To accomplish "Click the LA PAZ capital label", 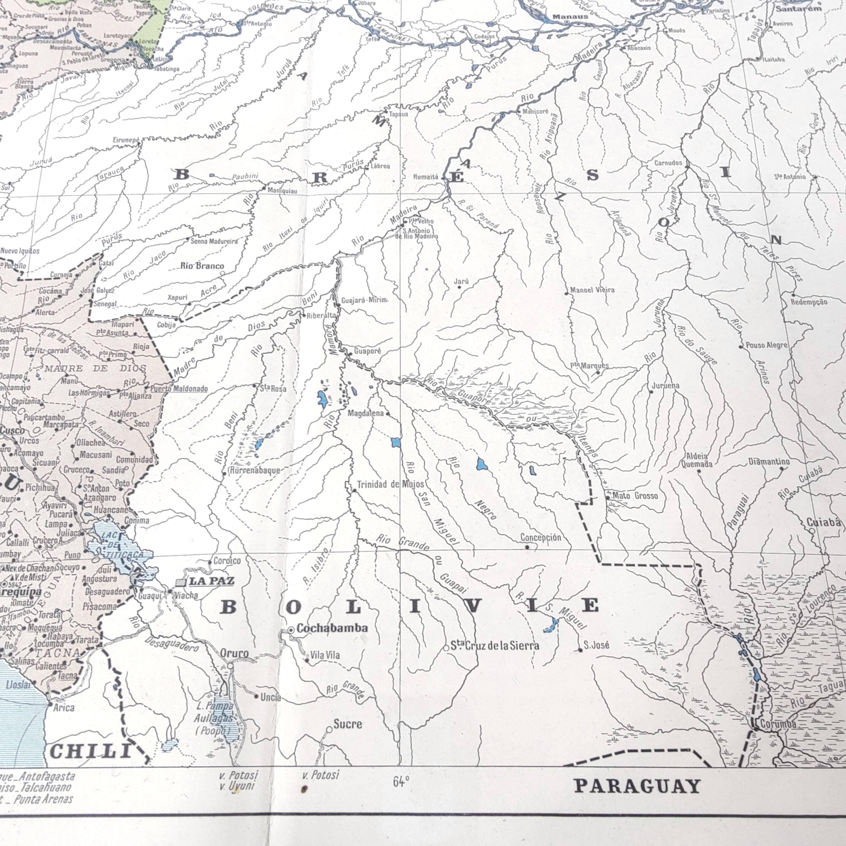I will point(211,582).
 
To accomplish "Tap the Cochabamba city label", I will point(332,628).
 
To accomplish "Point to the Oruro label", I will point(234,654).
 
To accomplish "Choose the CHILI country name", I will point(90,752).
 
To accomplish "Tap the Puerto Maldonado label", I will point(179,388).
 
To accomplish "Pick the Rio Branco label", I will point(202,266).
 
